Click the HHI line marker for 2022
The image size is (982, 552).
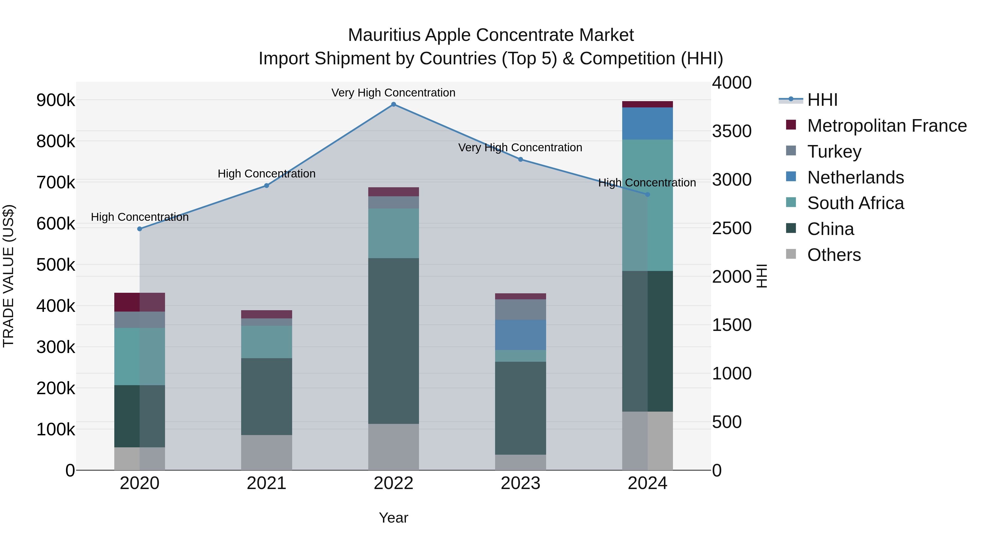[x=393, y=104]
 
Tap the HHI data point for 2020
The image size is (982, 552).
[x=139, y=229]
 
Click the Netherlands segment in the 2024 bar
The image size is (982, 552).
[x=647, y=123]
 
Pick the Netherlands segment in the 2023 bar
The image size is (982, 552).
[x=520, y=335]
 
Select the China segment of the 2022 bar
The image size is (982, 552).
[x=393, y=341]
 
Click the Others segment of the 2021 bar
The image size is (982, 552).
[x=267, y=453]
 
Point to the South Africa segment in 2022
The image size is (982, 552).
[x=393, y=233]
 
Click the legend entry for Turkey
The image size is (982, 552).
[x=834, y=152]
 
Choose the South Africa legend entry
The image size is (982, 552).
[x=855, y=203]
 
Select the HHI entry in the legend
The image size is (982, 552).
[x=822, y=100]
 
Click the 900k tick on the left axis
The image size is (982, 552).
[x=56, y=100]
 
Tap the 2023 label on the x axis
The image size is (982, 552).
[x=520, y=483]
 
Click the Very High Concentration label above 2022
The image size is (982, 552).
[x=393, y=93]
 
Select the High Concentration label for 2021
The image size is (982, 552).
[x=267, y=174]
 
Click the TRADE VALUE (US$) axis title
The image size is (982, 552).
[x=8, y=276]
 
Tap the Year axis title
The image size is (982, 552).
[x=393, y=518]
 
